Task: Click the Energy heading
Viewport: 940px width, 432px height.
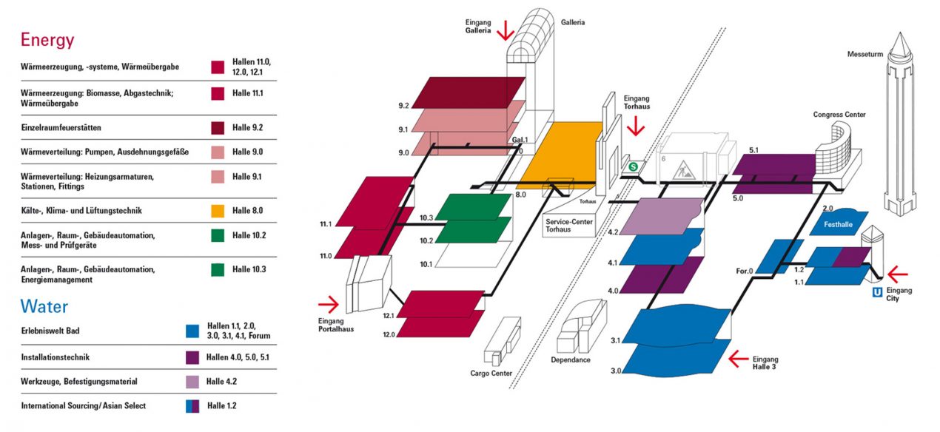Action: click(47, 40)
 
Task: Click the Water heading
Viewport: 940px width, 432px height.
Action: click(44, 306)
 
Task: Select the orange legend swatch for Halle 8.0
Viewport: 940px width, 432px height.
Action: click(218, 211)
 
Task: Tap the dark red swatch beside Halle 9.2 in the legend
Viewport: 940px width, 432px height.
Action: click(218, 128)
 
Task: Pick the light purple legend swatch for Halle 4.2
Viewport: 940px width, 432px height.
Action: click(192, 382)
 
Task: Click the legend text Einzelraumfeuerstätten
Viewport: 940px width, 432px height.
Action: click(61, 127)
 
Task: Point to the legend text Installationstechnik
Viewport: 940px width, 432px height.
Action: click(56, 357)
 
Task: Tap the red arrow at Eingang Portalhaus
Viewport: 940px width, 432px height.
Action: click(329, 304)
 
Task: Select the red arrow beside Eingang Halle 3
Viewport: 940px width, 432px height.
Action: click(739, 359)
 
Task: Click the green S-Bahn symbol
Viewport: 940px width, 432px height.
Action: click(633, 167)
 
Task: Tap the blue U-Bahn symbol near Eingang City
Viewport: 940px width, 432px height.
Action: click(878, 292)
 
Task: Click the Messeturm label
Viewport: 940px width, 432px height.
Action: click(865, 54)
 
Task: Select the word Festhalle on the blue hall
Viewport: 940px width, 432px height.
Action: click(838, 224)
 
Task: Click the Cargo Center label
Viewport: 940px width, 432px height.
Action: click(491, 374)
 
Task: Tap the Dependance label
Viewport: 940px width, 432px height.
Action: click(571, 360)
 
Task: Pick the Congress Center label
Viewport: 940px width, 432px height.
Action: click(839, 115)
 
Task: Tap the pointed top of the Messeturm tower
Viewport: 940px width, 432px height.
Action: click(900, 33)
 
